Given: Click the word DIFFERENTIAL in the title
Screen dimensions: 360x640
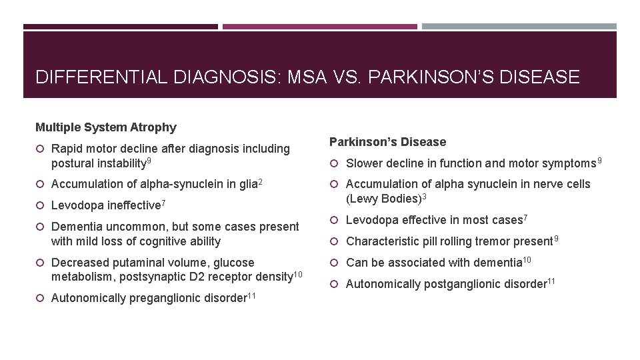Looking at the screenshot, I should point(97,77).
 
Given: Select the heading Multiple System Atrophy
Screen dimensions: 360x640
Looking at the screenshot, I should point(106,127).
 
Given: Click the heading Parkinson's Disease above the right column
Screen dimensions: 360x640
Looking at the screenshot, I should point(388,142).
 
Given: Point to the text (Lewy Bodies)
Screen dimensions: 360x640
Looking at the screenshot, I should point(379,199).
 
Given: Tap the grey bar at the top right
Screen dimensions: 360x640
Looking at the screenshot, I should point(519,27).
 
